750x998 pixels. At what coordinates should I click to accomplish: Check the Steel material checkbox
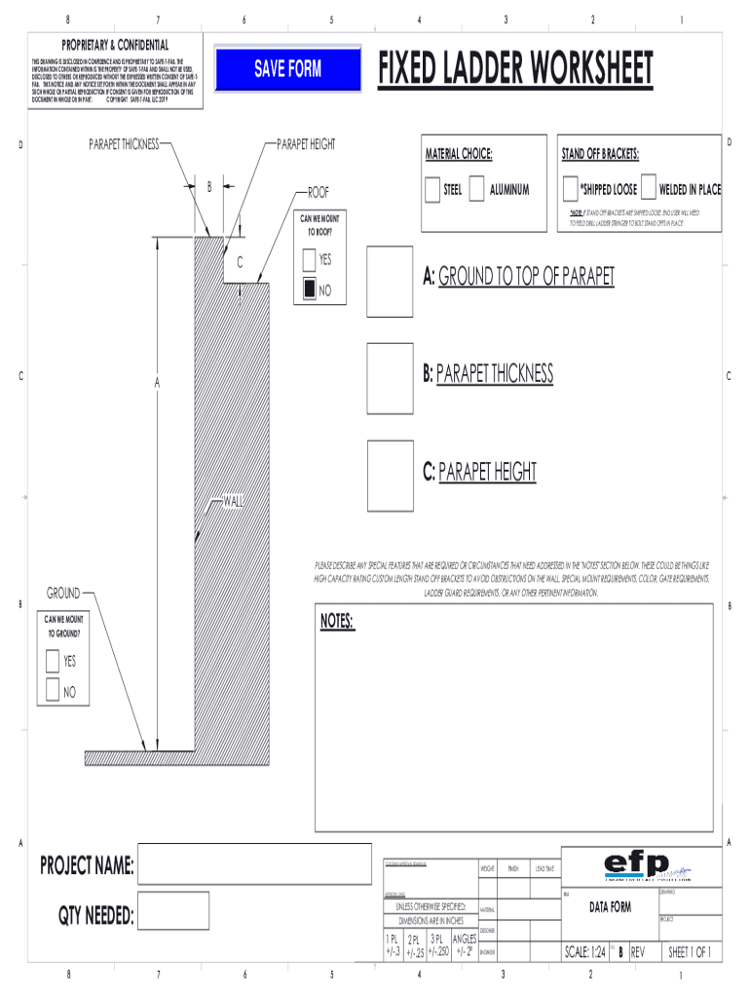pyautogui.click(x=432, y=189)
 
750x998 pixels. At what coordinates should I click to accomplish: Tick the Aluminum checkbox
pyautogui.click(x=476, y=189)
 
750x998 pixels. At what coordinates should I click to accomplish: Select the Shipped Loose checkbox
pyautogui.click(x=571, y=189)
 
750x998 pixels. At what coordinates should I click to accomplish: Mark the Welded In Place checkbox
pyautogui.click(x=649, y=189)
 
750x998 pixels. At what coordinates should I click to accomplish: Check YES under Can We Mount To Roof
pyautogui.click(x=309, y=260)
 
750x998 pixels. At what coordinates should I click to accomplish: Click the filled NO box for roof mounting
pyautogui.click(x=309, y=289)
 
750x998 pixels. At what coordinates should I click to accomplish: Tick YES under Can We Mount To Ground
pyautogui.click(x=53, y=662)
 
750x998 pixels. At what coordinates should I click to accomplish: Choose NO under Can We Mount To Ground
pyautogui.click(x=53, y=692)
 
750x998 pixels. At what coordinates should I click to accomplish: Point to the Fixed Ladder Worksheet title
pyautogui.click(x=515, y=69)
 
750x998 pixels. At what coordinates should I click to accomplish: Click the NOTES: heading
pyautogui.click(x=337, y=622)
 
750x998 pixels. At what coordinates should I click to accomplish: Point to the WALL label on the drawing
pyautogui.click(x=234, y=502)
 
